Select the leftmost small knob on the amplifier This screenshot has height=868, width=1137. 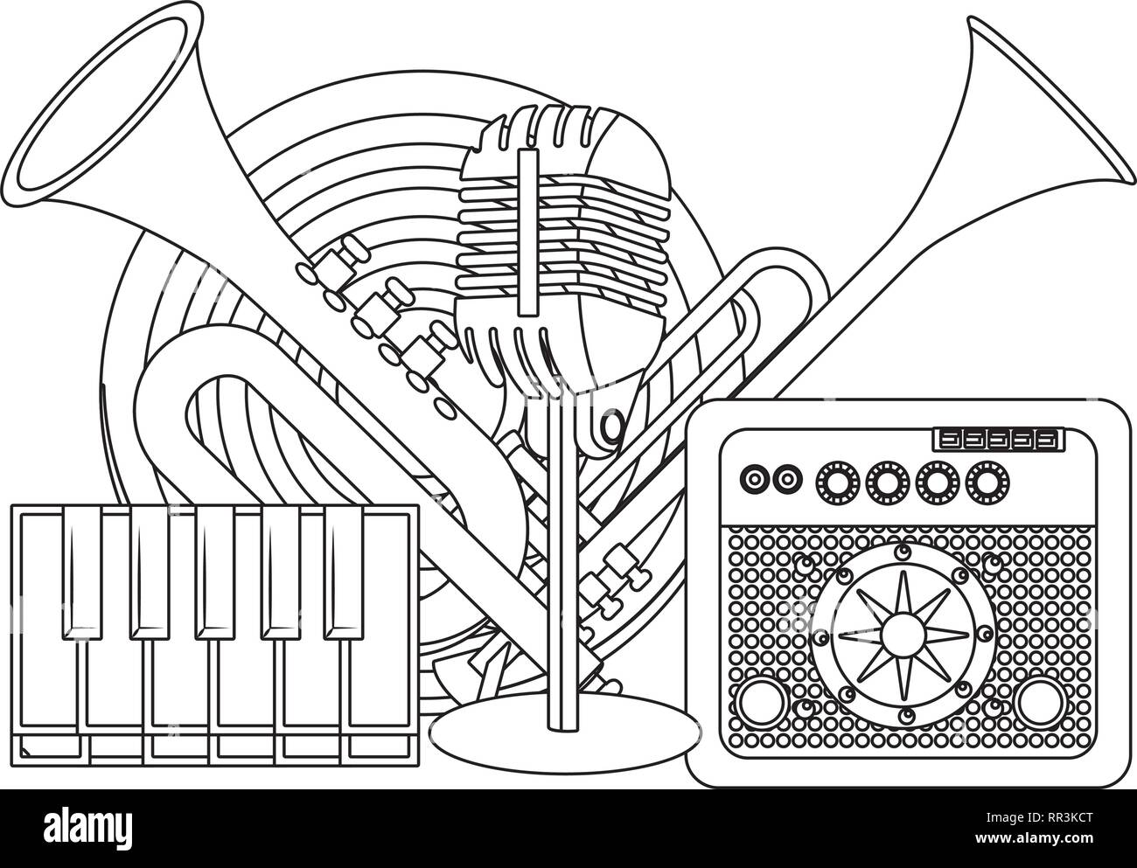pyautogui.click(x=751, y=477)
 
